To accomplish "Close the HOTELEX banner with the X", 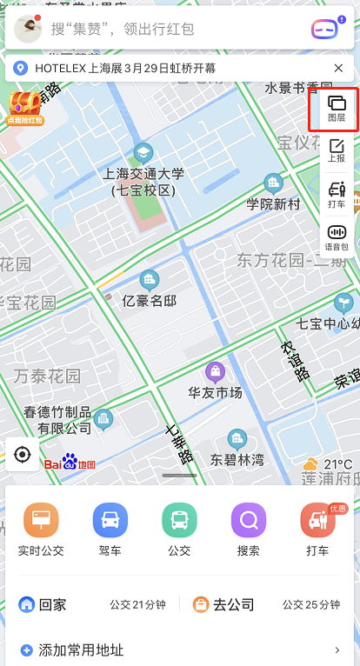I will (x=338, y=68).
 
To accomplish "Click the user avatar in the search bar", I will (x=29, y=29).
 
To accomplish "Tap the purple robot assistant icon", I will (x=324, y=29).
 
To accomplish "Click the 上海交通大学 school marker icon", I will (x=143, y=151).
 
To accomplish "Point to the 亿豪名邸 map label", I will (x=150, y=301).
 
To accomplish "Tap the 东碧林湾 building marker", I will (x=237, y=439).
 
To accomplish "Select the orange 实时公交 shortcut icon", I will (x=41, y=521).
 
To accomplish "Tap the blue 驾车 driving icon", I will (x=110, y=521).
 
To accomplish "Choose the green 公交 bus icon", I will (x=179, y=521).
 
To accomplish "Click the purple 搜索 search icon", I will (x=248, y=521).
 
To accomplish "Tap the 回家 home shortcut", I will (x=43, y=604).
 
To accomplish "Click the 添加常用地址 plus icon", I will (x=26, y=649).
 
